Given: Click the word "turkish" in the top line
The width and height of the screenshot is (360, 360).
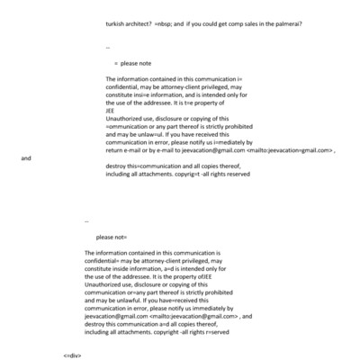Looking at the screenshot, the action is [x=118, y=24].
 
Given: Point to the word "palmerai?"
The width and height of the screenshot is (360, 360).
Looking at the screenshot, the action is [x=284, y=24].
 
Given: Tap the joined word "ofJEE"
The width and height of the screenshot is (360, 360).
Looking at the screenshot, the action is [x=202, y=275].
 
